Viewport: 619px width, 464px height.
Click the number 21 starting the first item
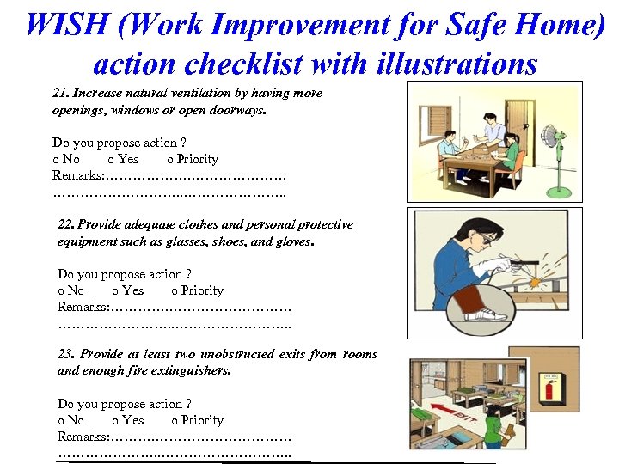pyautogui.click(x=59, y=93)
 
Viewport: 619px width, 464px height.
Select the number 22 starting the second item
pyautogui.click(x=64, y=225)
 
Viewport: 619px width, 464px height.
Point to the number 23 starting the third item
pyautogui.click(x=64, y=354)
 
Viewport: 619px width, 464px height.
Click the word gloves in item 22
pyautogui.click(x=293, y=241)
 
